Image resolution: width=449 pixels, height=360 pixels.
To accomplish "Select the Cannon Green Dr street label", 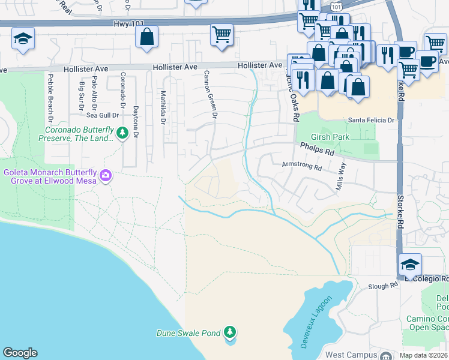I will [209, 93].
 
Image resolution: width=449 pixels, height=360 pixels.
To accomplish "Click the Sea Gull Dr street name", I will [100, 115].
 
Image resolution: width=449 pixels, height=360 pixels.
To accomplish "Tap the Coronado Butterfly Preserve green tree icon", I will [122, 133].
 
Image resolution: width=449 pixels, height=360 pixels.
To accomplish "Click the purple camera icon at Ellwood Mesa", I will [106, 176].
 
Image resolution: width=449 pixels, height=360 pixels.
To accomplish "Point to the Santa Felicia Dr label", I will [367, 120].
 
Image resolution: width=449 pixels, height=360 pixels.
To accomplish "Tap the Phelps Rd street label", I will [317, 152].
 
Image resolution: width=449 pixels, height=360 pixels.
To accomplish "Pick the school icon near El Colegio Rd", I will [410, 265].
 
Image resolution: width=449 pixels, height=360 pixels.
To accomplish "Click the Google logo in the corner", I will [20, 353].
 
